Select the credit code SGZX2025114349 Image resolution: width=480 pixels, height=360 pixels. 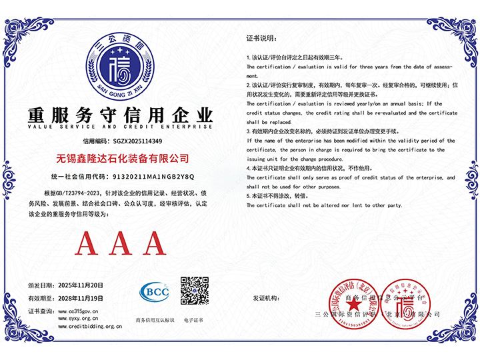[x=137, y=141]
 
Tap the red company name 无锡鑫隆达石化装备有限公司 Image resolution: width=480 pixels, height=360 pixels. [x=121, y=159]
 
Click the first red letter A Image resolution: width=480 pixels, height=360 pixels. [x=89, y=244]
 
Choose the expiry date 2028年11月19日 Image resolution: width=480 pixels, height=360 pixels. [x=77, y=298]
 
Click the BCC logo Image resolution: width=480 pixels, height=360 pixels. [x=155, y=291]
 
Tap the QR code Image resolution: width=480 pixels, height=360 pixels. [x=194, y=291]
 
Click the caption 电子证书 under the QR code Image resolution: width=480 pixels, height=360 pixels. [x=193, y=321]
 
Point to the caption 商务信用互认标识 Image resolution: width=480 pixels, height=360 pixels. [x=155, y=321]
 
